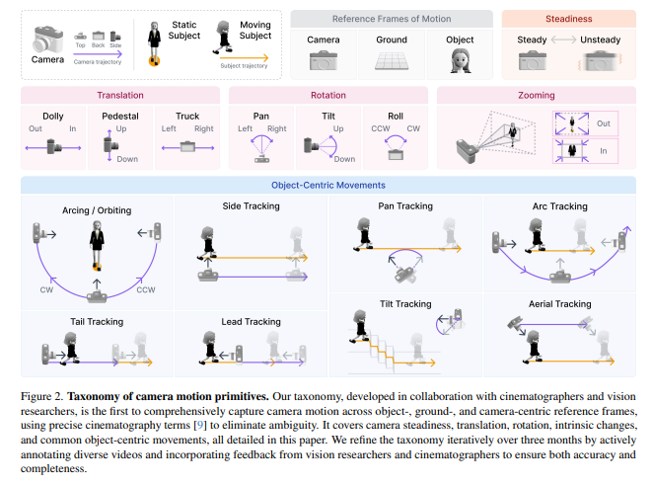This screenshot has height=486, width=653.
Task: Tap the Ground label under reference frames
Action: pyautogui.click(x=391, y=40)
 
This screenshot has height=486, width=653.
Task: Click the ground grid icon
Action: pyautogui.click(x=391, y=59)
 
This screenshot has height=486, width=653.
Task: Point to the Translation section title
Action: pyautogui.click(x=120, y=95)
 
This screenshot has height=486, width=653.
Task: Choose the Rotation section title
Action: pyautogui.click(x=328, y=95)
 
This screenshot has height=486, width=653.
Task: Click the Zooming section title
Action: pyautogui.click(x=537, y=95)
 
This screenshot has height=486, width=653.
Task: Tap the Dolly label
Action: pyautogui.click(x=53, y=117)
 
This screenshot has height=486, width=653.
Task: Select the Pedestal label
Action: pyautogui.click(x=120, y=117)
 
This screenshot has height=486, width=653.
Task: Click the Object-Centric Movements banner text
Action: pyautogui.click(x=327, y=185)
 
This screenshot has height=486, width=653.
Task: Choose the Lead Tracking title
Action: pyautogui.click(x=250, y=322)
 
